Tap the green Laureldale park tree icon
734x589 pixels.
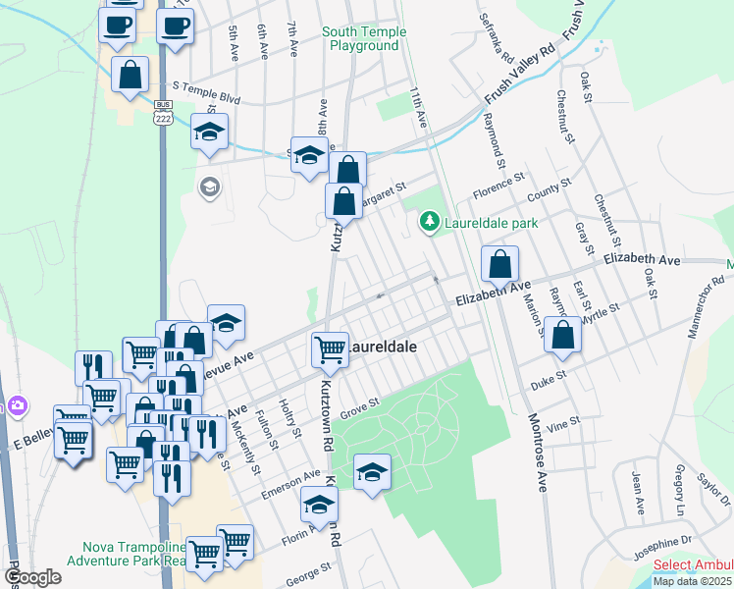pyautogui.click(x=428, y=223)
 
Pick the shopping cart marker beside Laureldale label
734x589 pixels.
pyautogui.click(x=330, y=348)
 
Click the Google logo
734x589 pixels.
pyautogui.click(x=33, y=577)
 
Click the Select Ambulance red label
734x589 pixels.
pyautogui.click(x=693, y=564)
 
